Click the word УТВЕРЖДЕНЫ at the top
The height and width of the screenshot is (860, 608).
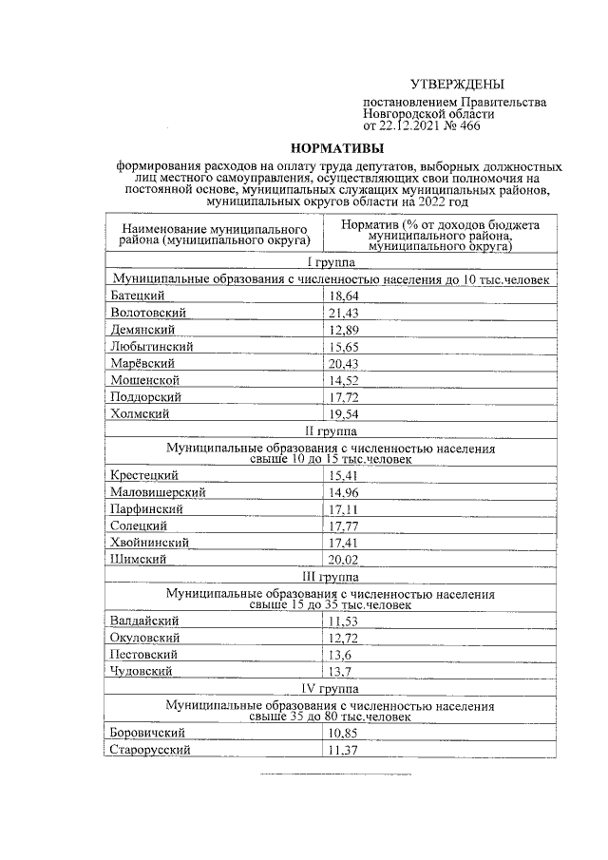pos(457,84)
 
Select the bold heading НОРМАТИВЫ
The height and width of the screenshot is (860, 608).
pos(337,148)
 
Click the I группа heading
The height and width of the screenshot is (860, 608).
pos(330,262)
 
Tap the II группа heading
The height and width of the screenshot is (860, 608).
pos(330,430)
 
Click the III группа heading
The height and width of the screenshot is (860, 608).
pos(330,576)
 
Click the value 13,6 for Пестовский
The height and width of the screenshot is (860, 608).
pos(339,654)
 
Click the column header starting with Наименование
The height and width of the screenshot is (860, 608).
pos(213,235)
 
